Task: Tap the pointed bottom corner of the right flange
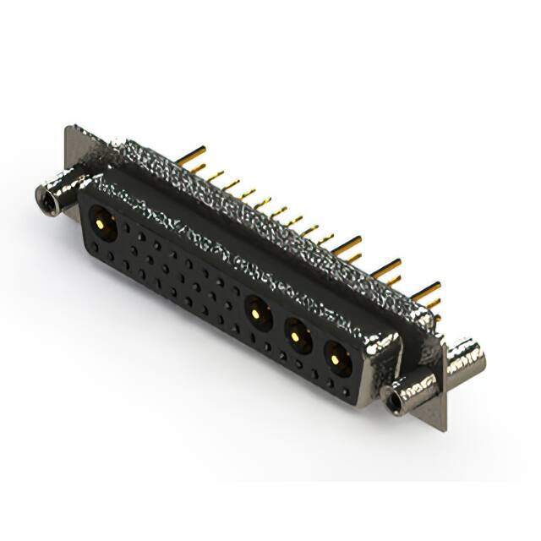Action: tap(442, 429)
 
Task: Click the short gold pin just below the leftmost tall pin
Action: tap(197, 168)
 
